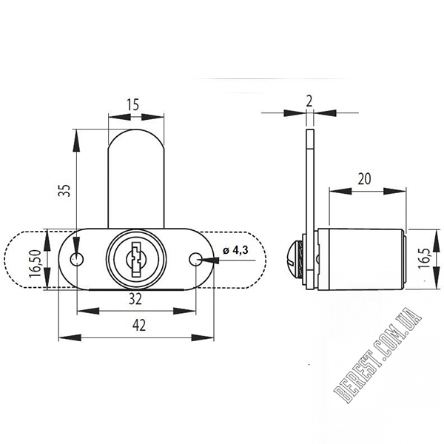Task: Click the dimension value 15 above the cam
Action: click(132, 104)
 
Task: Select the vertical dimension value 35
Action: click(64, 190)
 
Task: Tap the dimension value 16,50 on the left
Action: click(36, 265)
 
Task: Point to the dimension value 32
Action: click(135, 299)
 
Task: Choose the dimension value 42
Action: click(139, 325)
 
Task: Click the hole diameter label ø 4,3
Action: click(235, 250)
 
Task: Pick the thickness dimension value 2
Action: click(309, 101)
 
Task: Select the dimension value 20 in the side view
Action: click(364, 179)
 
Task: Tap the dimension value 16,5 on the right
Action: click(424, 259)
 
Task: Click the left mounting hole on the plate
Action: click(77, 259)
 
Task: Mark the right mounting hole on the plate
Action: click(195, 259)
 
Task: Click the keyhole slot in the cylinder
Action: click(136, 258)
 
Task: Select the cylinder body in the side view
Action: click(362, 259)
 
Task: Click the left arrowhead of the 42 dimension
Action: click(70, 337)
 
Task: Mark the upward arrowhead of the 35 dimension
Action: click(76, 141)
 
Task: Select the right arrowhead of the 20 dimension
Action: click(394, 191)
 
